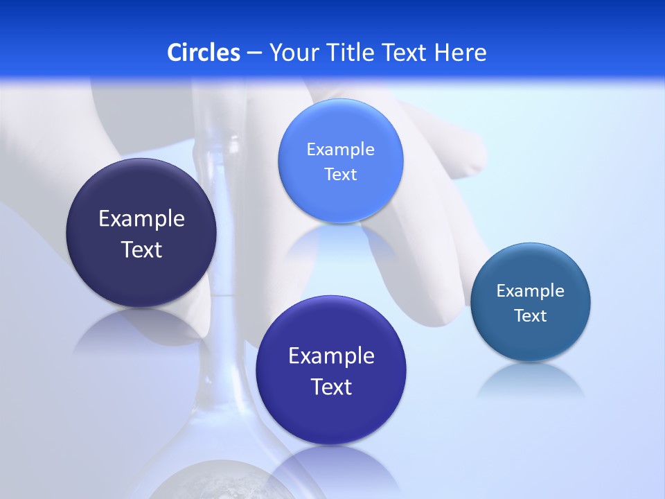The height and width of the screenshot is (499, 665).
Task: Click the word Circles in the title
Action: (204, 53)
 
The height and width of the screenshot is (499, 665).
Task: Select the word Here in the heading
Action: (461, 53)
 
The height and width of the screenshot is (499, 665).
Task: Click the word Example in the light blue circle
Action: (340, 150)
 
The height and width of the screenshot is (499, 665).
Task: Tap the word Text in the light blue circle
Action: (340, 175)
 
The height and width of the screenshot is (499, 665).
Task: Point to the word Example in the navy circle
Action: (141, 219)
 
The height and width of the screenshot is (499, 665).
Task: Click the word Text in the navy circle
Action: (141, 250)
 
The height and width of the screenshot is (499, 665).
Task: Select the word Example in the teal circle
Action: (531, 291)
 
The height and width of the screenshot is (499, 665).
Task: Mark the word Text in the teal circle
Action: (531, 316)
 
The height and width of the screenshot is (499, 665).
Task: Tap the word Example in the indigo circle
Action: (331, 356)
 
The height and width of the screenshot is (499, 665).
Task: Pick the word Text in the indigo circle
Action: (331, 387)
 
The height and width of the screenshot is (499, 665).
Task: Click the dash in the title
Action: (254, 53)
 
